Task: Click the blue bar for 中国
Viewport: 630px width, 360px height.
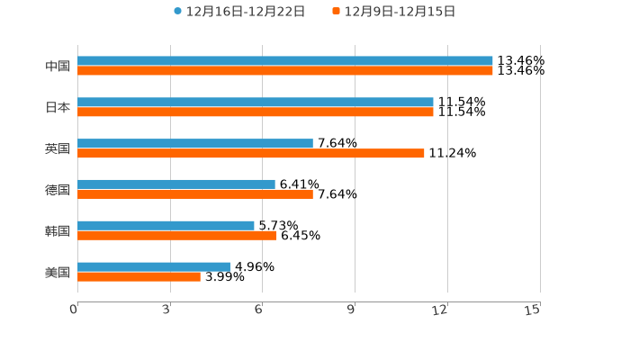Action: point(285,61)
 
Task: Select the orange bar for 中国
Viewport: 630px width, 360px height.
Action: point(285,71)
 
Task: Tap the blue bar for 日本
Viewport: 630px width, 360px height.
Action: point(256,103)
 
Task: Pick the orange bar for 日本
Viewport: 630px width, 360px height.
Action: point(256,112)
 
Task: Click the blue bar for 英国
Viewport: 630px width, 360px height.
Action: point(195,144)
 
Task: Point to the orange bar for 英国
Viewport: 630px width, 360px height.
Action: point(251,154)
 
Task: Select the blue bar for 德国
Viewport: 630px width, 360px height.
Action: point(176,184)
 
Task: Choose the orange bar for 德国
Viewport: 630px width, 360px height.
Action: point(195,194)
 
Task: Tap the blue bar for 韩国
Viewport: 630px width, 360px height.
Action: point(166,226)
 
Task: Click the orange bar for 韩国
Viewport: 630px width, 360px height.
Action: point(177,236)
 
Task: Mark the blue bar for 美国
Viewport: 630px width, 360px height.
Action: point(154,267)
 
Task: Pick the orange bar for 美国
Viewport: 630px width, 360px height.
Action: point(139,277)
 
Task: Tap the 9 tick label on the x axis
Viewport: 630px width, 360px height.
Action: point(352,310)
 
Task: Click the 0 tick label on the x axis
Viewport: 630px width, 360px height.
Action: point(74,310)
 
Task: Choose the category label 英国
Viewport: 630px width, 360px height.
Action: point(58,149)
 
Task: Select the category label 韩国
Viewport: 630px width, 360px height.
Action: point(58,231)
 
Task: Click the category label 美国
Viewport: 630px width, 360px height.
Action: point(58,273)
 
